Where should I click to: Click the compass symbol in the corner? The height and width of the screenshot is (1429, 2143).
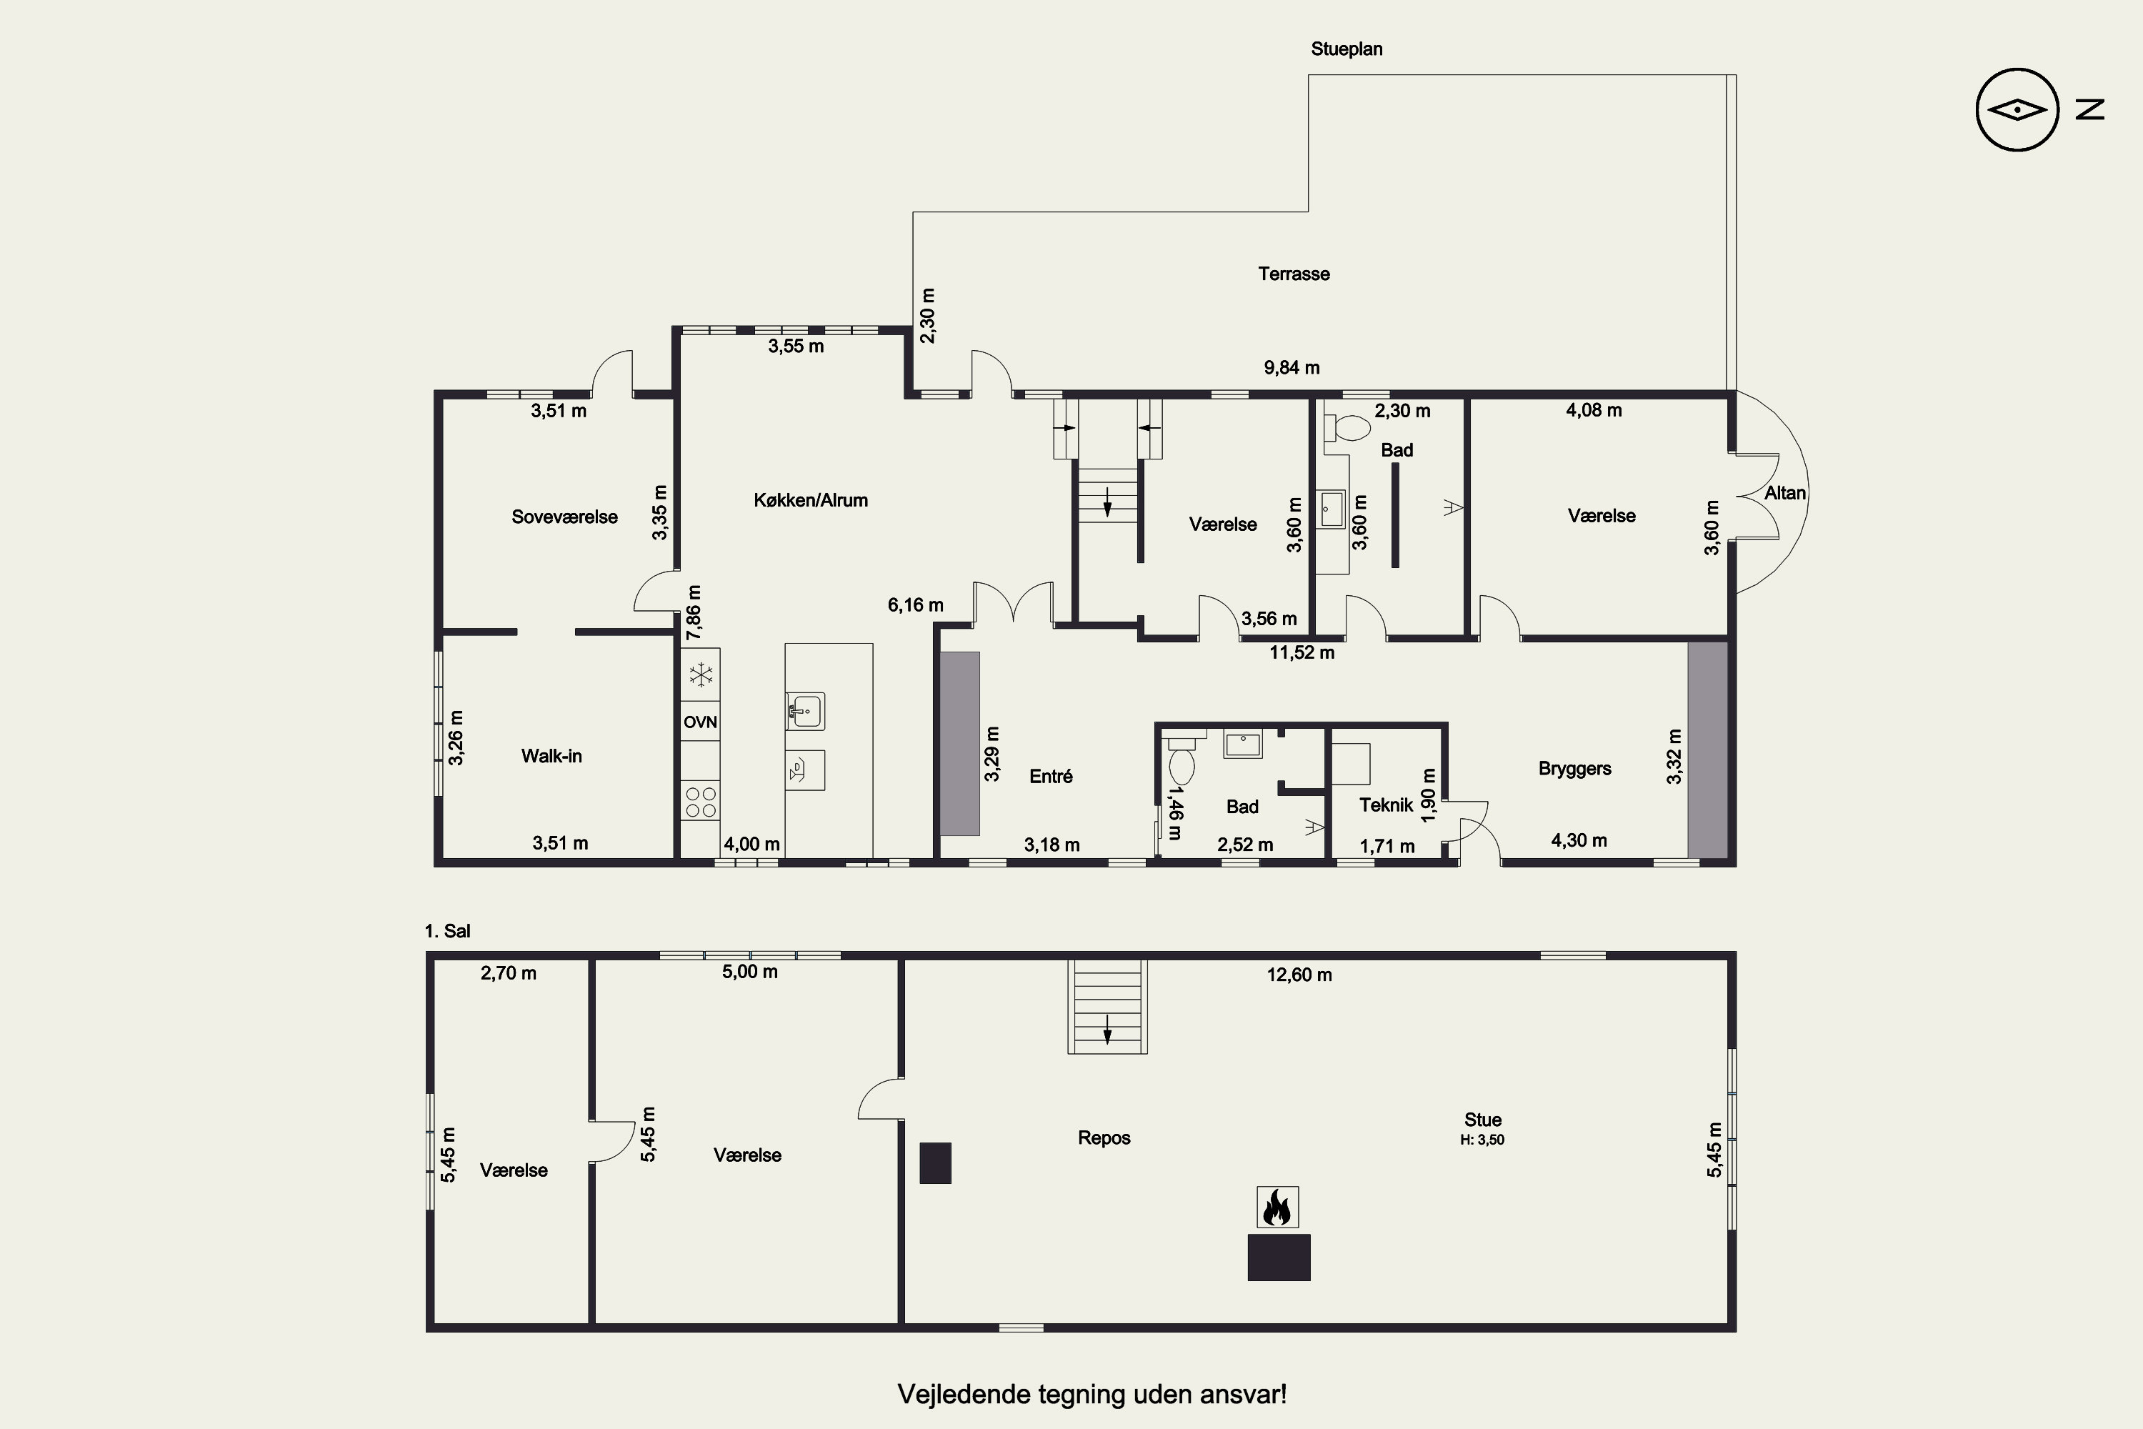2017,109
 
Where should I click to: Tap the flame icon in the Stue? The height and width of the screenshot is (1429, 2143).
1277,1208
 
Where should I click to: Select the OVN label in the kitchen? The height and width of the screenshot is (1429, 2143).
701,722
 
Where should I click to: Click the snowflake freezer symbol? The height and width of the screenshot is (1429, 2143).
701,675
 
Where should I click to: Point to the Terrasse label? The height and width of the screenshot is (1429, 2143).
1294,274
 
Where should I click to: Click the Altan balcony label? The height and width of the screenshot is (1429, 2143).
1785,493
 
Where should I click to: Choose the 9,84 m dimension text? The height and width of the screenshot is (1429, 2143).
1291,368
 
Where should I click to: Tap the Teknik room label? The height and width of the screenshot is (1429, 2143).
1386,805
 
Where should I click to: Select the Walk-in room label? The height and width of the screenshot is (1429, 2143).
551,755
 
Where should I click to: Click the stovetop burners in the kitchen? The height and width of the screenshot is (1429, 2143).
701,802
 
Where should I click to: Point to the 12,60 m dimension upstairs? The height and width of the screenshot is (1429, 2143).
1299,975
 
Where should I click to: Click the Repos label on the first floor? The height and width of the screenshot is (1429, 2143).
1104,1138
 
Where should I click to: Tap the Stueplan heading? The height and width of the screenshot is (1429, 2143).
1347,49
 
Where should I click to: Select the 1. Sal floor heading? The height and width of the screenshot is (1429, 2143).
447,932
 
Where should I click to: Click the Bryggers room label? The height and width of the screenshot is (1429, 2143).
1574,768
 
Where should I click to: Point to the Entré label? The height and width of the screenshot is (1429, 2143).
1051,777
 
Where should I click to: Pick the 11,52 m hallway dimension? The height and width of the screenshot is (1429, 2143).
1302,652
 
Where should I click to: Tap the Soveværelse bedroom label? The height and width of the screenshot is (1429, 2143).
565,517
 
